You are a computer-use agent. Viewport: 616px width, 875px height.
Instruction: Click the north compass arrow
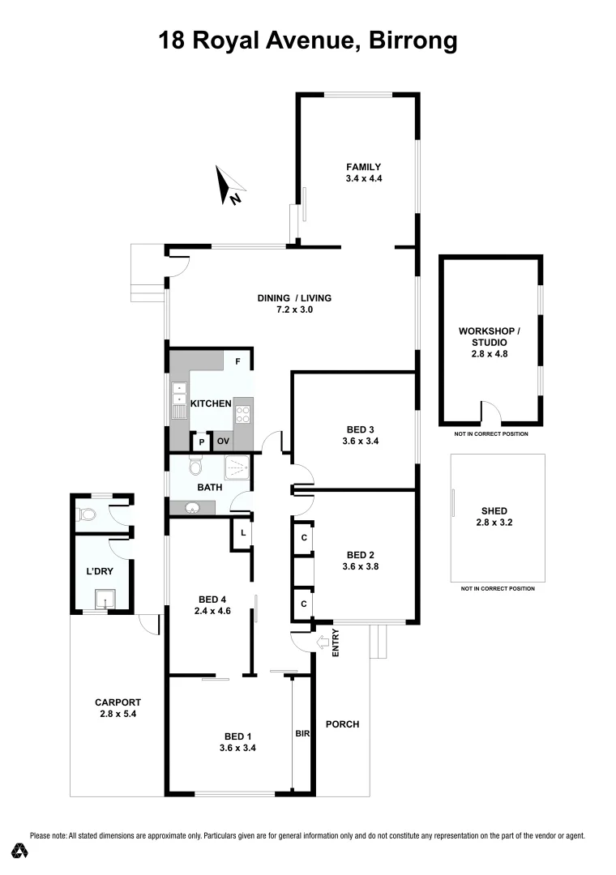click(229, 186)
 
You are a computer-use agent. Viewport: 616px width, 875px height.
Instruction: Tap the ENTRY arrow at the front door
click(323, 642)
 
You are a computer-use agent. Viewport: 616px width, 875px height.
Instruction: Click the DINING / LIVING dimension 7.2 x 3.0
click(294, 309)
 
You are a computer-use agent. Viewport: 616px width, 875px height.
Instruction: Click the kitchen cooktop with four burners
click(242, 414)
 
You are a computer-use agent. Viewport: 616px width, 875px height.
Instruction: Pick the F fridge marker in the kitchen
click(237, 361)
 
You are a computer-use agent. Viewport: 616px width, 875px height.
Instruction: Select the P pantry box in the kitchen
click(200, 442)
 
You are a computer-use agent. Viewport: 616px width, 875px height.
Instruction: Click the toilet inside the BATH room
click(195, 467)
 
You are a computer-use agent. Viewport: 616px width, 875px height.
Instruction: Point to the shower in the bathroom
click(237, 468)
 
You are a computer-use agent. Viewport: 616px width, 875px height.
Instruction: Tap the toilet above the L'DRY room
click(88, 513)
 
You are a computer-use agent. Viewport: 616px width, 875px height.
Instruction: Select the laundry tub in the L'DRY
click(103, 600)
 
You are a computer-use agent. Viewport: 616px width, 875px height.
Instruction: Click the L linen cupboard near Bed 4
click(242, 533)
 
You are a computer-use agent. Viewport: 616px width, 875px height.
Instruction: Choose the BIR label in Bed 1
click(302, 733)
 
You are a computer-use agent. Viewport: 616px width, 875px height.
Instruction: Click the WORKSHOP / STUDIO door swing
click(490, 412)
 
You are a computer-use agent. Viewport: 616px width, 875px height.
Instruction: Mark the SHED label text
click(494, 511)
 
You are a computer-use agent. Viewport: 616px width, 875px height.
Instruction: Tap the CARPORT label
click(118, 702)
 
